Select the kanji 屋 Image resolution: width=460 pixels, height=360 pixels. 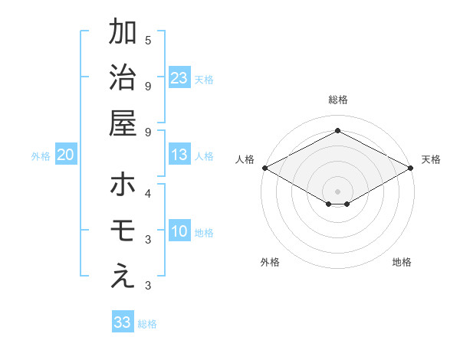click(x=123, y=124)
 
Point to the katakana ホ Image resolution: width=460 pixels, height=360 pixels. click(x=123, y=185)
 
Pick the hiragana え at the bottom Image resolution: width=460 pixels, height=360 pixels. click(x=123, y=277)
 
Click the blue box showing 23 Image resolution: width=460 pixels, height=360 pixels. click(x=179, y=78)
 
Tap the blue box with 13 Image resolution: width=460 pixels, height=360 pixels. click(x=179, y=155)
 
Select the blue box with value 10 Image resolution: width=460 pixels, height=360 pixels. click(x=179, y=231)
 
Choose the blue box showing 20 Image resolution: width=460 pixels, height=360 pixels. click(x=66, y=155)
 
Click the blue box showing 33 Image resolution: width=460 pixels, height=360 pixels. click(x=123, y=322)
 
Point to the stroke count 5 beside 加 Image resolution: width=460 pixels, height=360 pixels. click(x=148, y=39)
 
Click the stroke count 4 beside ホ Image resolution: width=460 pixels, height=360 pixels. click(x=148, y=193)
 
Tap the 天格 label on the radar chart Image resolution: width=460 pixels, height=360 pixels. click(x=431, y=159)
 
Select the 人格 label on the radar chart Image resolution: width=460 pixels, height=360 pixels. click(x=245, y=159)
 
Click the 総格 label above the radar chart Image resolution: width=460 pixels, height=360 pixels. click(x=337, y=100)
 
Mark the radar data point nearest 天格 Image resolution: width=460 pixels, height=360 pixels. click(x=411, y=168)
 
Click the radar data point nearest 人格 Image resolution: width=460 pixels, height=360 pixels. click(x=264, y=168)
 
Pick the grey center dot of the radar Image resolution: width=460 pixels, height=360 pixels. click(x=337, y=190)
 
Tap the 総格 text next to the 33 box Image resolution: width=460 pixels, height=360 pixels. click(x=148, y=324)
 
